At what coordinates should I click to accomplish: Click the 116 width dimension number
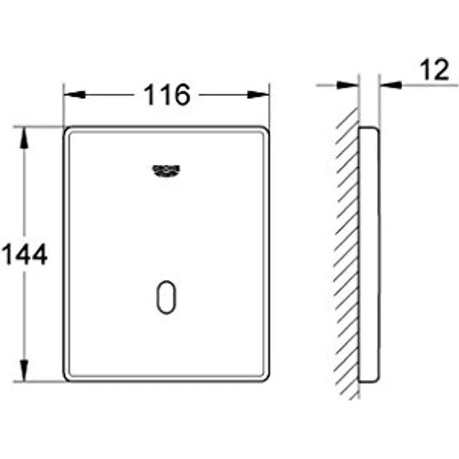point(167,95)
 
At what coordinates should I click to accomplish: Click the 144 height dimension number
point(24,254)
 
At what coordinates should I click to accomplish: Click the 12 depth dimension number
point(435,70)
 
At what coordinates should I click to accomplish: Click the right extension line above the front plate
point(269,106)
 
